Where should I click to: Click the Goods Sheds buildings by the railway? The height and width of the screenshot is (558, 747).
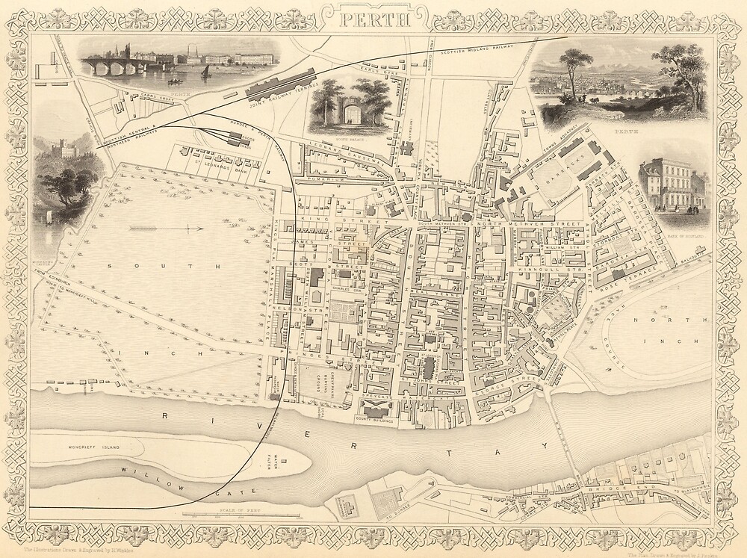(x=238, y=138)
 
